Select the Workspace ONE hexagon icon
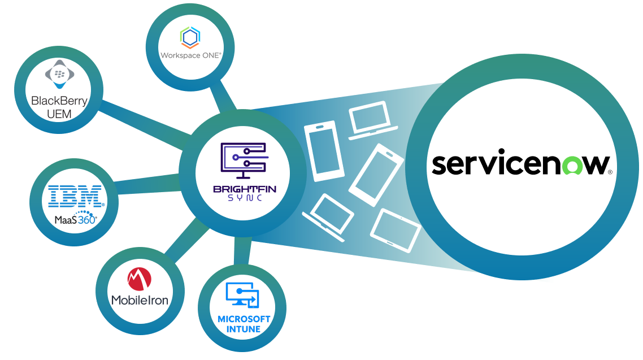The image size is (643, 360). pos(189,38)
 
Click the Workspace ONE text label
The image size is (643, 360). pos(190,55)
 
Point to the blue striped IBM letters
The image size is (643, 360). pos(75,196)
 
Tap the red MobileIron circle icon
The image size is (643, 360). pos(139,279)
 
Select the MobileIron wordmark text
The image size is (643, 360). pos(140,300)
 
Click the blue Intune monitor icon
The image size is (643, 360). pos(242,294)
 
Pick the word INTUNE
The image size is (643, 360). pos(244,329)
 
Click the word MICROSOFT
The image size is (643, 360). pos(244,319)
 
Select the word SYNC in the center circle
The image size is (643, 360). pos(244,198)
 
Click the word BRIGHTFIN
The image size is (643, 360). pos(244,188)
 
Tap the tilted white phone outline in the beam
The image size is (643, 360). pos(376,175)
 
